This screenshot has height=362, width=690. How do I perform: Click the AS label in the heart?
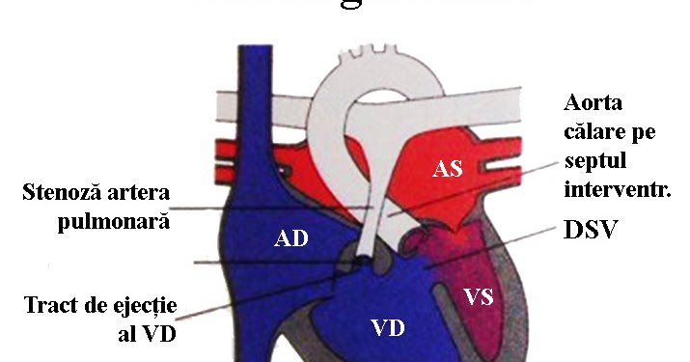tap(448, 169)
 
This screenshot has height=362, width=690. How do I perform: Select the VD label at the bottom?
tap(388, 329)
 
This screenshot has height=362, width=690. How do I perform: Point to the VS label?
tap(478, 296)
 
